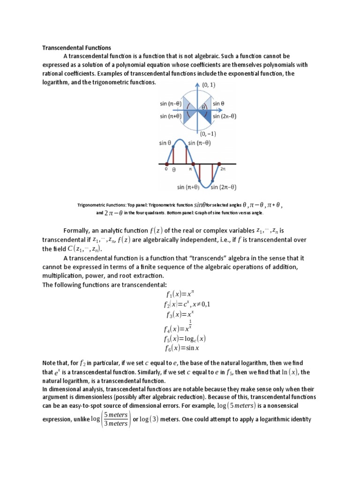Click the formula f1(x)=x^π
coord(180,294)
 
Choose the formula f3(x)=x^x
coord(180,315)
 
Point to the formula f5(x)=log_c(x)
coord(185,338)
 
